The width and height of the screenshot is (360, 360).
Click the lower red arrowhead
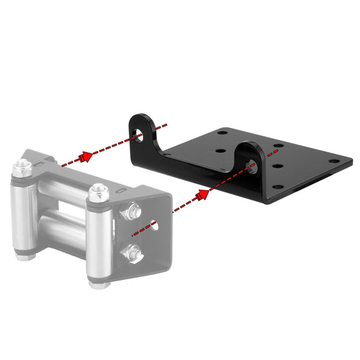pos(201,196)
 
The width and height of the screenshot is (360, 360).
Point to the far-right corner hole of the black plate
pos(335,161)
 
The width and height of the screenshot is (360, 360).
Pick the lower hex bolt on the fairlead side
pos(133,251)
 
